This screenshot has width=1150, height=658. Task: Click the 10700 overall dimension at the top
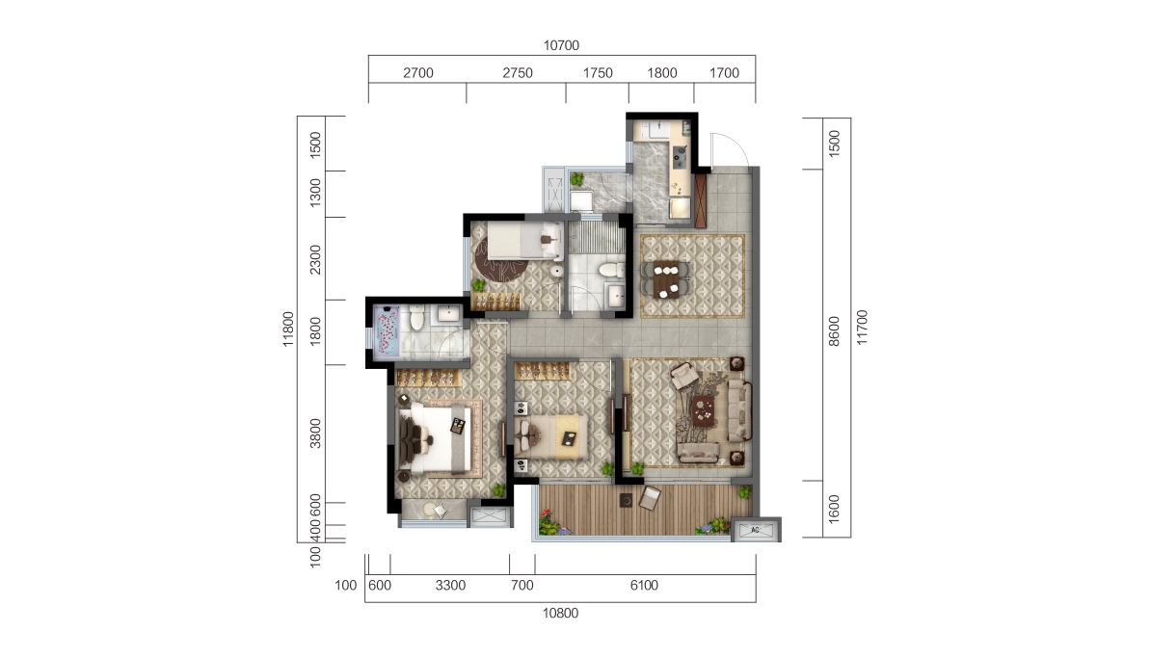point(560,45)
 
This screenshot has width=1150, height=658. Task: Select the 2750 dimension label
point(517,73)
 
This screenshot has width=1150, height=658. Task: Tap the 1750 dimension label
point(598,73)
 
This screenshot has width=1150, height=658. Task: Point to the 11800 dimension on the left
point(287,327)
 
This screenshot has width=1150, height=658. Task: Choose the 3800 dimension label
point(314,434)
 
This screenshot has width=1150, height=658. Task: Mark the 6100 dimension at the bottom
point(644,586)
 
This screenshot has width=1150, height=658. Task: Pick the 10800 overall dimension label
point(560,613)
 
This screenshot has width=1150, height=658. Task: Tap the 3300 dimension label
point(450,586)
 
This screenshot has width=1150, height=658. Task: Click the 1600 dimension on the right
point(835,508)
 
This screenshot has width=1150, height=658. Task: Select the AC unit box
point(755,530)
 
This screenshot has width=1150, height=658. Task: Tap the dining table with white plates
point(666,278)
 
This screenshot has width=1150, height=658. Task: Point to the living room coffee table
point(704,408)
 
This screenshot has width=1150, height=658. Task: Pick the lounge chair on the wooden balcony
point(649,499)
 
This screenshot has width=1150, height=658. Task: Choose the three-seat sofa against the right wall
point(740,409)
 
